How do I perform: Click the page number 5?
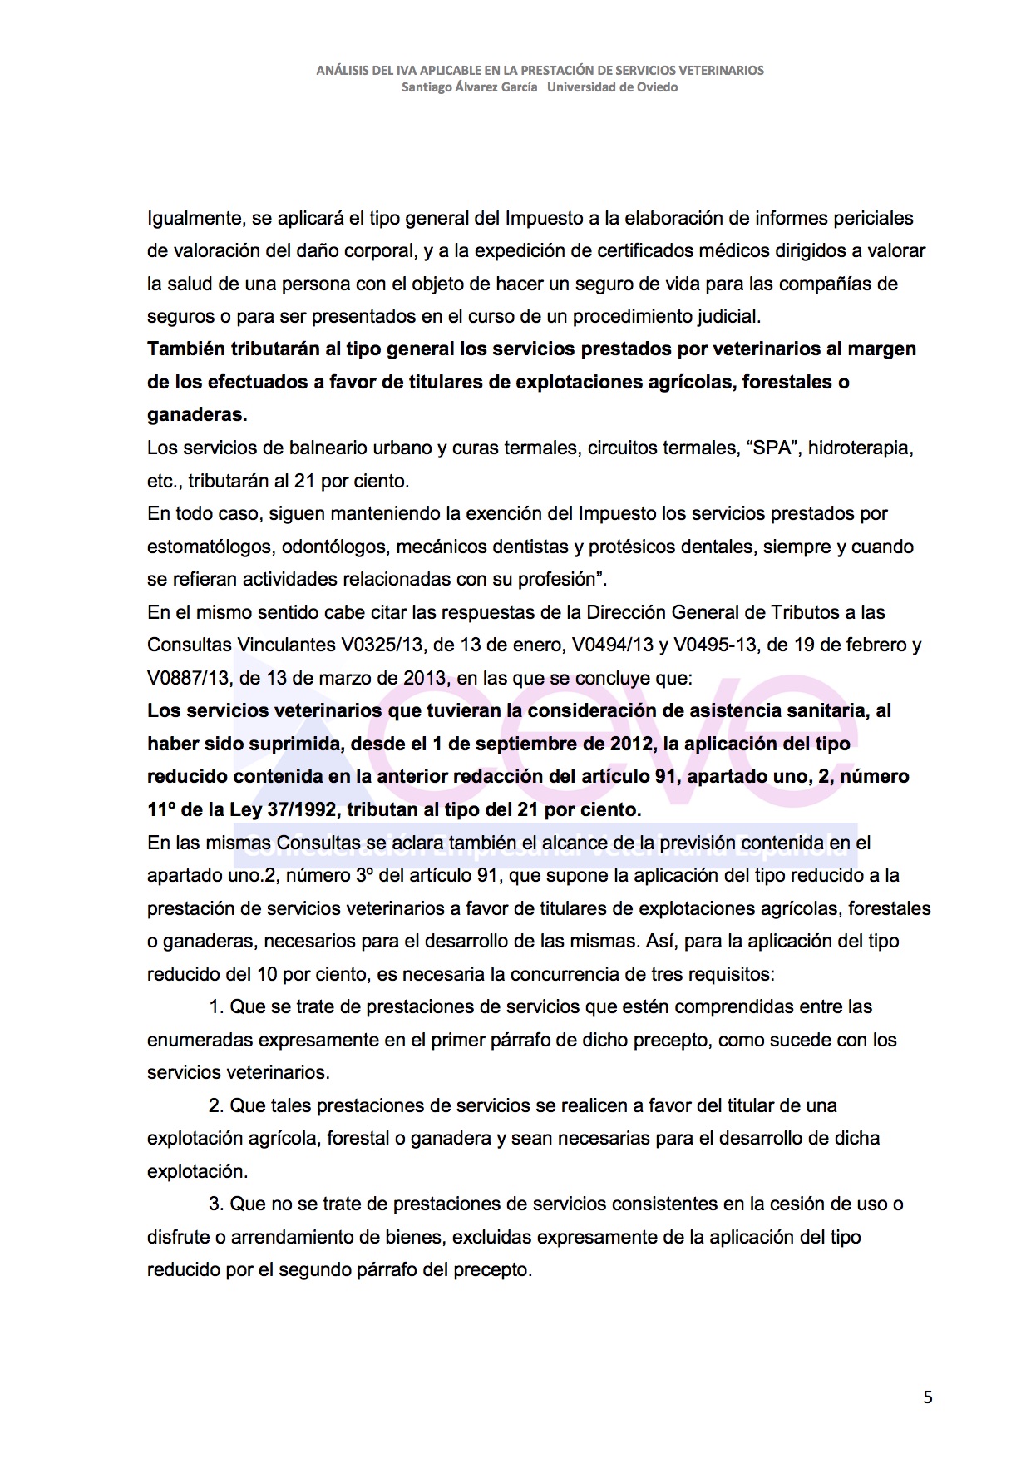[928, 1397]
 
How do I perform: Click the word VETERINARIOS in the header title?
[714, 71]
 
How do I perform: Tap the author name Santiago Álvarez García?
[469, 87]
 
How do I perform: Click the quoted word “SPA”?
[775, 448]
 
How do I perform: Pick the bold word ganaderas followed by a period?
[197, 414]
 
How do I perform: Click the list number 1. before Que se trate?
[216, 1006]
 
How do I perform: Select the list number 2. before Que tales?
[216, 1105]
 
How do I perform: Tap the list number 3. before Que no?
[216, 1204]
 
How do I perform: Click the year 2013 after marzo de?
[426, 678]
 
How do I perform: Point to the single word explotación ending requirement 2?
[196, 1171]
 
